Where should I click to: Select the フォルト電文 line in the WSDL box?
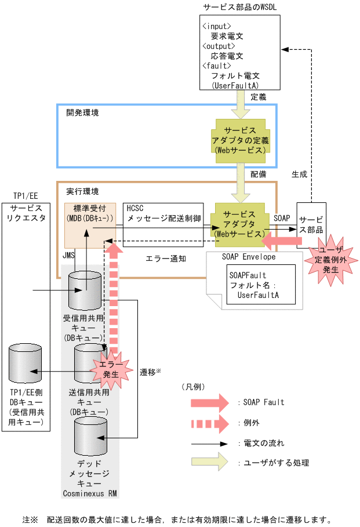[235, 76]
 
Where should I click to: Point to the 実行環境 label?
[82, 191]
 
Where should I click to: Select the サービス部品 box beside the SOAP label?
[311, 224]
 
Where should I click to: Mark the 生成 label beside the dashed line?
[299, 173]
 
